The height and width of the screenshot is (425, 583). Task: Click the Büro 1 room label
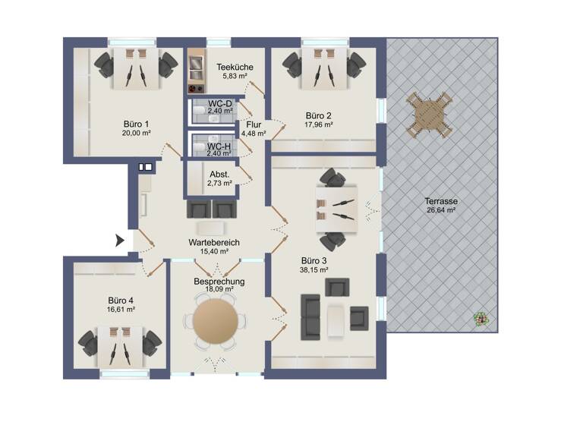[136, 122]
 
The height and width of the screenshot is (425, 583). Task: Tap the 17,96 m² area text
[319, 125]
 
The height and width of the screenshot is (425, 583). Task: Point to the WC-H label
[219, 146]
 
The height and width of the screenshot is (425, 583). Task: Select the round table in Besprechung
[217, 320]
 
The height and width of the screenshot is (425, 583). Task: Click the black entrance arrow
[119, 241]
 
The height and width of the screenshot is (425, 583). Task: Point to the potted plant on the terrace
[480, 320]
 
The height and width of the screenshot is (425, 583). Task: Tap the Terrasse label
[440, 201]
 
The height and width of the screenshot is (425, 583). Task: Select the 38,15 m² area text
[313, 269]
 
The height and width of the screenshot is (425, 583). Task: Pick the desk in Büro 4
[122, 342]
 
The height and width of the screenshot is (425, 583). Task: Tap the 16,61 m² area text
[121, 309]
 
